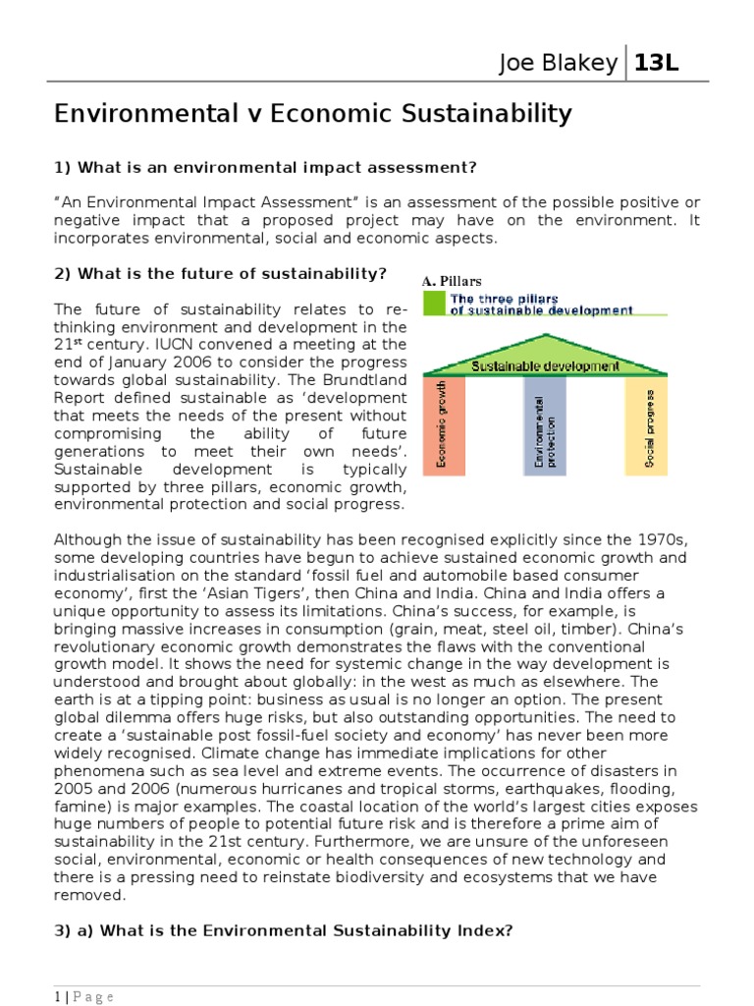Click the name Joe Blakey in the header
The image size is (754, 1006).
pos(558,65)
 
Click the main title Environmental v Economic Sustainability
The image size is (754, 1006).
pos(312,114)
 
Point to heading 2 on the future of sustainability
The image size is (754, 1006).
pos(221,272)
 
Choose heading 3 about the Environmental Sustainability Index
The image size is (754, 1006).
pos(284,929)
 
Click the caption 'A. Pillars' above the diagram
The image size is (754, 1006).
pos(452,281)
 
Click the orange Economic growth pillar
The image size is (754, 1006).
pos(444,425)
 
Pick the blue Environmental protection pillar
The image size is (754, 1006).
pos(545,425)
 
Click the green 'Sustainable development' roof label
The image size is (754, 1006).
pos(545,366)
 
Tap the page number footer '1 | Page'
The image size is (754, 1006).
pos(84,997)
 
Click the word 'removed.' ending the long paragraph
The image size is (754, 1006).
pos(89,894)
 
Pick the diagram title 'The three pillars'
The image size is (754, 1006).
pos(504,299)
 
